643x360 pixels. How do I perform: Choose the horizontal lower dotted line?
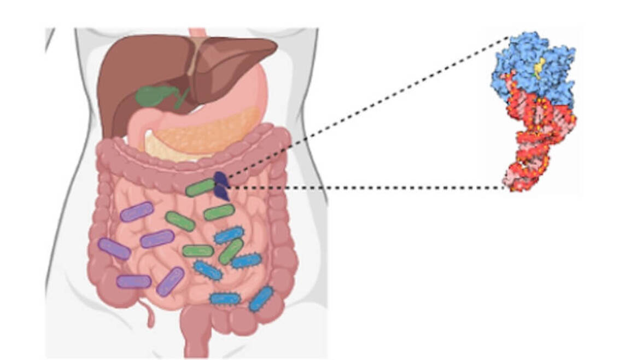click(366, 188)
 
